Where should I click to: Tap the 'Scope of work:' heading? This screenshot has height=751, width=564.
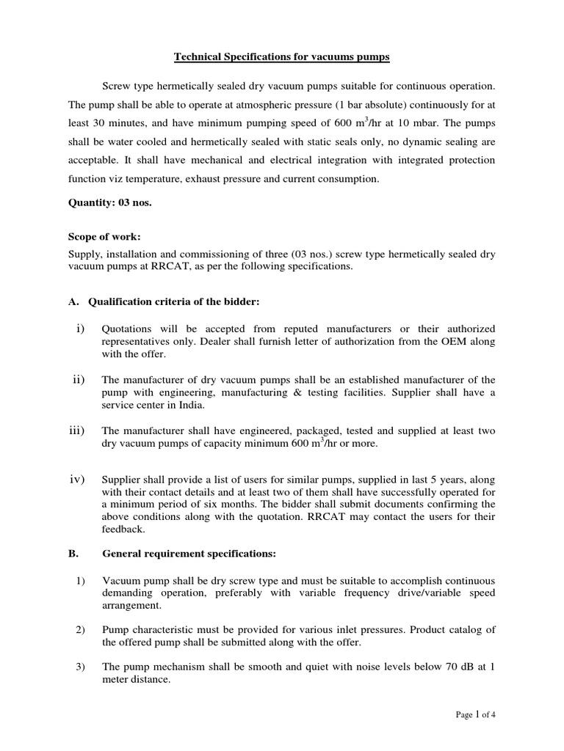click(x=104, y=238)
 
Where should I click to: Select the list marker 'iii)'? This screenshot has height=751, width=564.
click(x=78, y=430)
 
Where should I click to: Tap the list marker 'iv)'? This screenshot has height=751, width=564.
click(x=78, y=480)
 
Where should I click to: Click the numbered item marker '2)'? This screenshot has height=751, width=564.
click(x=81, y=629)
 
